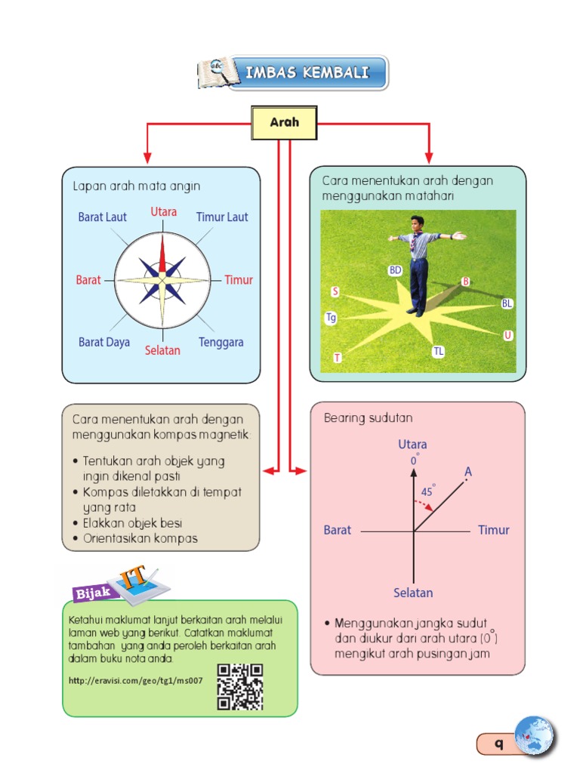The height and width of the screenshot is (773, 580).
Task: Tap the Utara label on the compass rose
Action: [x=164, y=212]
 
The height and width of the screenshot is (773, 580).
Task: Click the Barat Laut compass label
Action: [x=103, y=217]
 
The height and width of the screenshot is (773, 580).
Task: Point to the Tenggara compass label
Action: [x=221, y=342]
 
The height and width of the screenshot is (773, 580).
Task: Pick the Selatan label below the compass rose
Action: [x=162, y=351]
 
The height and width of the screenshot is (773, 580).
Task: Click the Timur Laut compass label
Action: [x=222, y=217]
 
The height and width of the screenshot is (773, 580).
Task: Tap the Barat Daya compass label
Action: [x=104, y=342]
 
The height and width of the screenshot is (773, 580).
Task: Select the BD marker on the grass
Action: [x=395, y=270]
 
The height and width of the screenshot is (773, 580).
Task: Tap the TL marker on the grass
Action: [x=439, y=351]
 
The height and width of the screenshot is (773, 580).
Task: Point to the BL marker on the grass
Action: [x=507, y=303]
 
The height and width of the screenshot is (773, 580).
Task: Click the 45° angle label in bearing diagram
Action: [x=427, y=491]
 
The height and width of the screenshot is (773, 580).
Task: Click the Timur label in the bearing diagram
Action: [x=493, y=530]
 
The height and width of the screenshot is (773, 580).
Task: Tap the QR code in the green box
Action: [x=239, y=686]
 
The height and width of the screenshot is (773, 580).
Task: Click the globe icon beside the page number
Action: [x=533, y=736]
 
